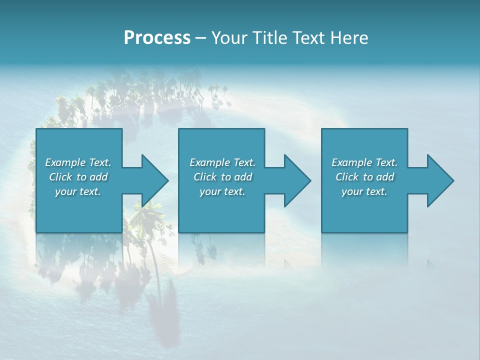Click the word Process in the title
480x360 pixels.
pos(157,38)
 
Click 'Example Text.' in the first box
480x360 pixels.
pos(78,162)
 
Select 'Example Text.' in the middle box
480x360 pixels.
pos(222,162)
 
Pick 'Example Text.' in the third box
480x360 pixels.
pos(364,162)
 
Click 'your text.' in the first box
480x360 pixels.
pos(78,191)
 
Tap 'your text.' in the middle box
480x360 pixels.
pos(222,191)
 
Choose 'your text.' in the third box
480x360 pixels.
pos(364,191)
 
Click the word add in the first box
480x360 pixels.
pos(98,177)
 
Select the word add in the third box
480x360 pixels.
pos(385,177)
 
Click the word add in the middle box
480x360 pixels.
pos(243,177)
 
